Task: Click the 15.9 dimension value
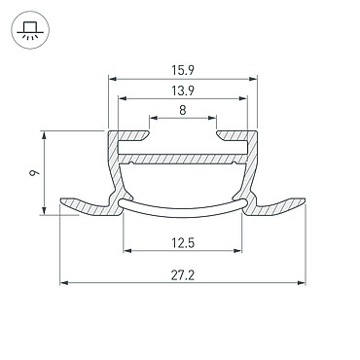click(x=183, y=70)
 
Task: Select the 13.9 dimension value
click(x=183, y=90)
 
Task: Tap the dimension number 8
click(x=183, y=110)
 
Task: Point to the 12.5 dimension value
click(x=183, y=242)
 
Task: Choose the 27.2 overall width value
click(x=183, y=275)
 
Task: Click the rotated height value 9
click(x=34, y=172)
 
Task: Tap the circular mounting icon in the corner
click(x=30, y=30)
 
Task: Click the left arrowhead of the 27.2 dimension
click(x=64, y=283)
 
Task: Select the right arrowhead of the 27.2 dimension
click(x=302, y=283)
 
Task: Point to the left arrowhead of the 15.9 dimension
click(x=112, y=79)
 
